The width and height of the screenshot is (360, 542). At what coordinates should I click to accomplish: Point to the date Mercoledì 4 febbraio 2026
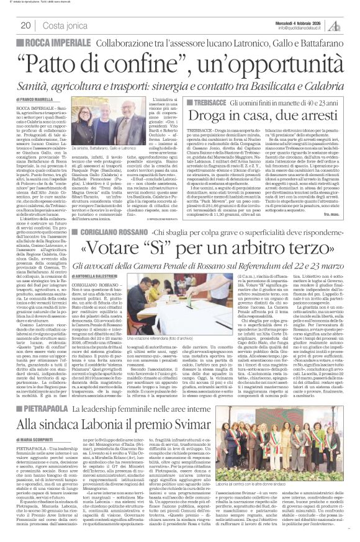tap(307, 23)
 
